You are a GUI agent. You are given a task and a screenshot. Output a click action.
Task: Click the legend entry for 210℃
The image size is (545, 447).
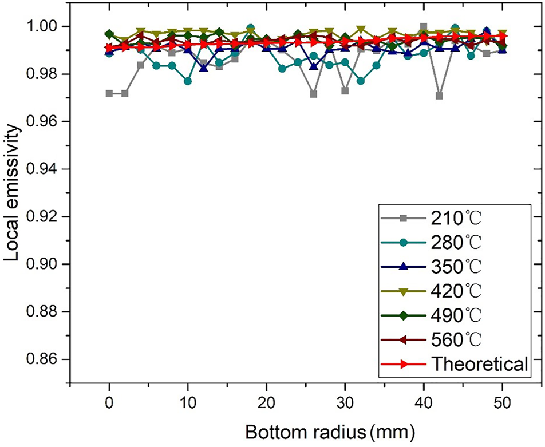point(453,217)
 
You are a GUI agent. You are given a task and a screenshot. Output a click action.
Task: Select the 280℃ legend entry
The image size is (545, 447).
point(453,242)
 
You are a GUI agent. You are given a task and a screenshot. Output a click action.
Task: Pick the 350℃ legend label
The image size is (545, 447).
point(453,266)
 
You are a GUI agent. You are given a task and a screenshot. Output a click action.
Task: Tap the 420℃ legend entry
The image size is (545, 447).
point(453,291)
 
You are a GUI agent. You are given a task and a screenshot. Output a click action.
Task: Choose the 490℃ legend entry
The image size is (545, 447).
point(453,315)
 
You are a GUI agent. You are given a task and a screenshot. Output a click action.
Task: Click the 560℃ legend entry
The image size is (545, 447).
point(453,339)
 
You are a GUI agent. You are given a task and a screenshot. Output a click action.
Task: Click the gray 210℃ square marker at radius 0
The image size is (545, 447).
point(109,93)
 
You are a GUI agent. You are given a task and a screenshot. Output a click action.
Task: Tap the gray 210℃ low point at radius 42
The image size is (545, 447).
point(439,96)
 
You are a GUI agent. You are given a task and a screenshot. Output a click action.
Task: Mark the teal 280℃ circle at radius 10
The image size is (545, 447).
point(188,81)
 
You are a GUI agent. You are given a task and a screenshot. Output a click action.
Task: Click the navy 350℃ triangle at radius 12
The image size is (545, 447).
point(204,68)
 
